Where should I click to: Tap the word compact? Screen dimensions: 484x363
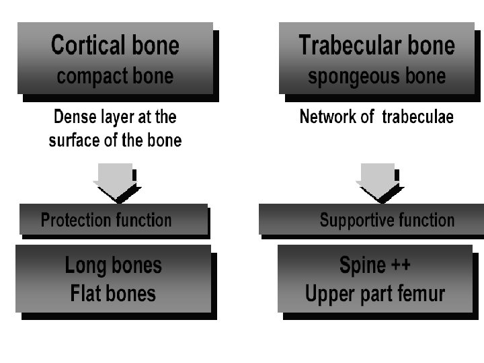pos(92,77)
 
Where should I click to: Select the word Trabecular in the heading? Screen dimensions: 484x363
pos(350,45)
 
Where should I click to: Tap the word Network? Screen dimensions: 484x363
pos(328,117)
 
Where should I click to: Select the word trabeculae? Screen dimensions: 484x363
pos(417,117)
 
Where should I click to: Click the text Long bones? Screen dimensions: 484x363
pos(114,265)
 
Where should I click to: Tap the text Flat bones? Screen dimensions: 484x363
pos(113,293)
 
